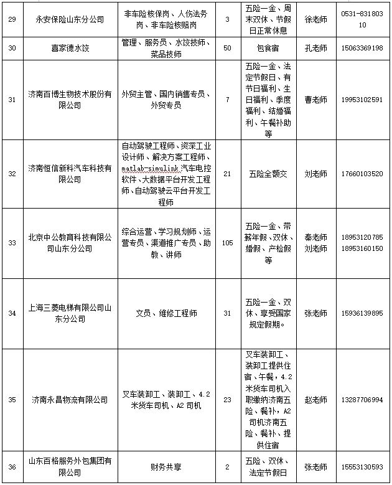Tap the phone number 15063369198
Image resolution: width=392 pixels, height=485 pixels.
[x=362, y=47]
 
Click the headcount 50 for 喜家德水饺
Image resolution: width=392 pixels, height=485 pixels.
[x=226, y=47]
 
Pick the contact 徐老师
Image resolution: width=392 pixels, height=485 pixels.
[x=315, y=20]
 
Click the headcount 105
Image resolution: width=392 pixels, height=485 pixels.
[x=226, y=243]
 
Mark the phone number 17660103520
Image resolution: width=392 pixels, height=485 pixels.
[x=362, y=174]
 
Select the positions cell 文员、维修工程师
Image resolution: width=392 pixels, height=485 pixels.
[x=166, y=313]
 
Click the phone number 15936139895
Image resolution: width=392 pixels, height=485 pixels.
[x=362, y=313]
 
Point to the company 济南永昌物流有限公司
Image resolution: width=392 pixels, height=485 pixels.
[x=70, y=400]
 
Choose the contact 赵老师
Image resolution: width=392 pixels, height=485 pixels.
[x=315, y=400]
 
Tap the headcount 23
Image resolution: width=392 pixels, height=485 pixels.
[x=226, y=400]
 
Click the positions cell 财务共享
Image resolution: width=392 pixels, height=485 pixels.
[x=166, y=466]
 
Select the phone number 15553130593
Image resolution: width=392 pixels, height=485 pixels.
[x=362, y=466]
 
